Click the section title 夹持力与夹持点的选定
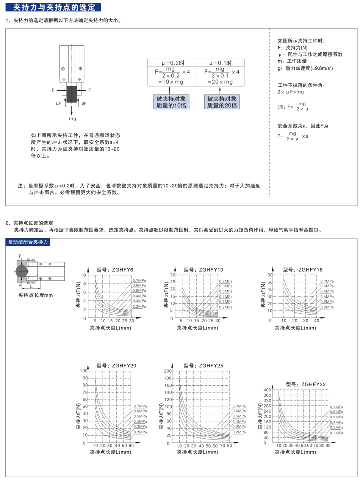point(53,7)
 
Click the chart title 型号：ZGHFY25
point(203,365)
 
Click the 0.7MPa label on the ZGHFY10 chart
point(226,281)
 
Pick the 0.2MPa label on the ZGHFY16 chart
point(327,307)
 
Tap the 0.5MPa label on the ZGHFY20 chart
point(140,416)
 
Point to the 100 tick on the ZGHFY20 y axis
point(83,371)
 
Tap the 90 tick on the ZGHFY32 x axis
point(327,445)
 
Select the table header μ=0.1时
point(220,63)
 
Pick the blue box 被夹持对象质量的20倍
point(222,102)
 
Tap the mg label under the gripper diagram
point(72,119)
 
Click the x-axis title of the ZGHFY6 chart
point(110,327)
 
